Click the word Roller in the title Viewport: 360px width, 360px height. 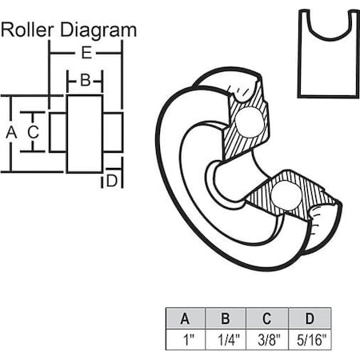click(x=27, y=30)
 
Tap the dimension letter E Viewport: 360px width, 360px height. click(x=86, y=53)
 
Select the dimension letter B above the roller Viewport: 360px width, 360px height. click(x=86, y=80)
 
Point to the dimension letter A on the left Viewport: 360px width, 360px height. click(x=11, y=132)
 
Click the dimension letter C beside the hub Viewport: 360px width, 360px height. click(x=34, y=132)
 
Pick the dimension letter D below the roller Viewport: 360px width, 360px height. click(x=112, y=181)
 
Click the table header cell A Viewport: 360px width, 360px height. click(x=186, y=318)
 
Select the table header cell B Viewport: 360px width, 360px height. click(x=226, y=318)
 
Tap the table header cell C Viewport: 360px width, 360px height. click(x=267, y=318)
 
